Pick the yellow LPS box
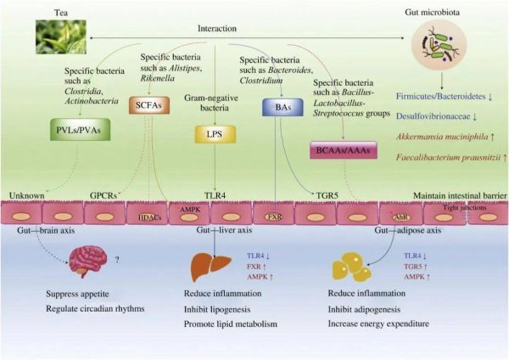(214, 134)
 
